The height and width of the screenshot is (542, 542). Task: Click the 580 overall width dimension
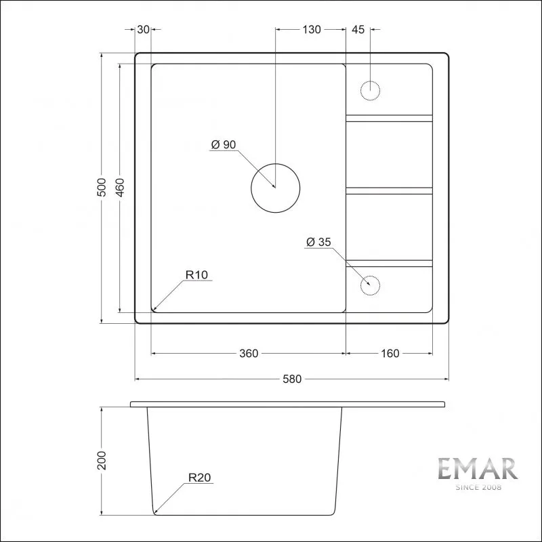coord(292,379)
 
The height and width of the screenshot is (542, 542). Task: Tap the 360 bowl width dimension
coord(249,353)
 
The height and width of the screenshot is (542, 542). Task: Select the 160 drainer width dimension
coord(390,353)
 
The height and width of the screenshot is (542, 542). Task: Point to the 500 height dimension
coord(101,187)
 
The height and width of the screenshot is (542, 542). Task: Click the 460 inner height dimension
coord(120,187)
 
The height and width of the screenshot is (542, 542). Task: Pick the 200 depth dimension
coord(102,460)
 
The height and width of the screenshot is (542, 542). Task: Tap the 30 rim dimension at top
coord(143,30)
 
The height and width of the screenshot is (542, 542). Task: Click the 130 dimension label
coord(312,30)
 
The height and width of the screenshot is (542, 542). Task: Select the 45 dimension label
coord(358,30)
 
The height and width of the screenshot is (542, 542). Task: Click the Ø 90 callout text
coord(224,144)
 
